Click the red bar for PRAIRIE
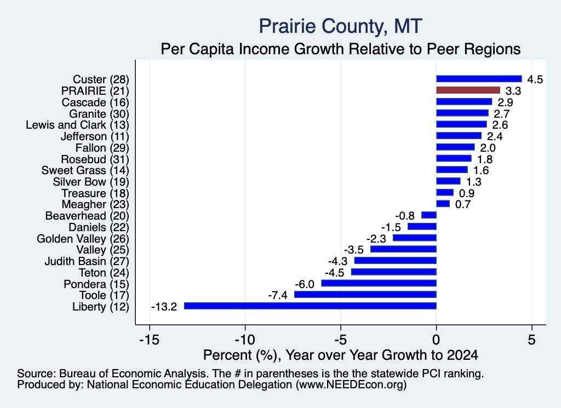click(468, 90)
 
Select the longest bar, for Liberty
click(310, 306)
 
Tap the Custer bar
click(479, 79)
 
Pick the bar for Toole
click(365, 294)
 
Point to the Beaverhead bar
click(429, 215)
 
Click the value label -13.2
click(164, 307)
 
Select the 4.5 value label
click(535, 79)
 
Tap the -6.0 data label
click(305, 284)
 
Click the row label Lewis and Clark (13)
click(77, 125)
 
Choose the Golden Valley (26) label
click(83, 239)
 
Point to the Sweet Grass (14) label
click(85, 170)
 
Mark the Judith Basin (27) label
click(87, 261)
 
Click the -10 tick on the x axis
click(245, 340)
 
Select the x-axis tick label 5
click(531, 340)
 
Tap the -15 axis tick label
click(149, 340)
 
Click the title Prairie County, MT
click(341, 26)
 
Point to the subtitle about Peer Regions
click(341, 49)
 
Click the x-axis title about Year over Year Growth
click(341, 355)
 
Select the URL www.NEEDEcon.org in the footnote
click(351, 385)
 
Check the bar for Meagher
click(443, 204)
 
